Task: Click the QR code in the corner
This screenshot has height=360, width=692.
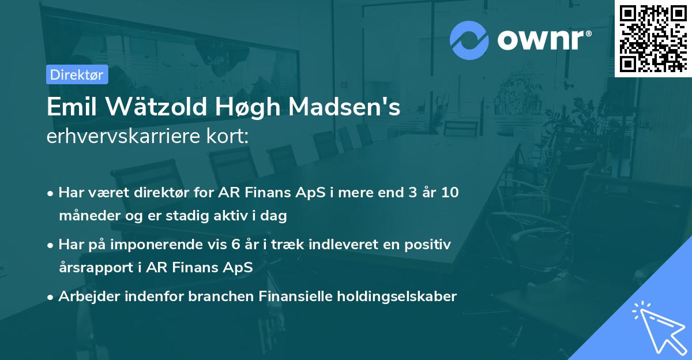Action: [653, 39]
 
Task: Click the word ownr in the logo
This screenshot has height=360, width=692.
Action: [544, 40]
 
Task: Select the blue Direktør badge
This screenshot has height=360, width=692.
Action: [77, 74]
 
